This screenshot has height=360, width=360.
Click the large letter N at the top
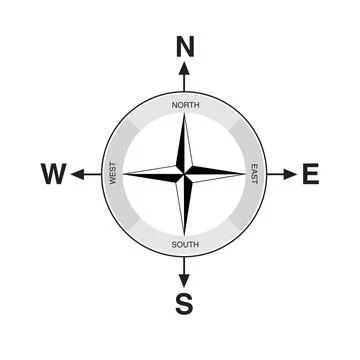pyautogui.click(x=184, y=46)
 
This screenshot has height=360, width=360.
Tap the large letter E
pyautogui.click(x=310, y=175)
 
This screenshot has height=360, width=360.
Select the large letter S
pyautogui.click(x=184, y=304)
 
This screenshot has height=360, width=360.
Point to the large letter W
pyautogui.click(x=54, y=175)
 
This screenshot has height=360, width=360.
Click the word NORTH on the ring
pyautogui.click(x=185, y=105)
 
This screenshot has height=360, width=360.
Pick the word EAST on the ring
pyautogui.click(x=254, y=175)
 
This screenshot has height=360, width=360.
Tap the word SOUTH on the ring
pyautogui.click(x=185, y=245)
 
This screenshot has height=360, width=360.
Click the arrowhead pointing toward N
pyautogui.click(x=184, y=70)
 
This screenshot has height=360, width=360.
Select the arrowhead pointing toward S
pyautogui.click(x=184, y=281)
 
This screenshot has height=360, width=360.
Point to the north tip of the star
pyautogui.click(x=185, y=116)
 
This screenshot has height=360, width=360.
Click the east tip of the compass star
pyautogui.click(x=243, y=175)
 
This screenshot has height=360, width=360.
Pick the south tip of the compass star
pyautogui.click(x=185, y=234)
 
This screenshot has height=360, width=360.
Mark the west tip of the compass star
pyautogui.click(x=126, y=175)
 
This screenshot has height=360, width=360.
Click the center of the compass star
pyautogui.click(x=185, y=175)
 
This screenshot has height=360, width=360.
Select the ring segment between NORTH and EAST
pyautogui.click(x=233, y=127)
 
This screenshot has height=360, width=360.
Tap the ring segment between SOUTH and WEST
pyautogui.click(x=136, y=224)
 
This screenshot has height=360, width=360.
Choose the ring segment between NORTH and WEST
pyautogui.click(x=136, y=127)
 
